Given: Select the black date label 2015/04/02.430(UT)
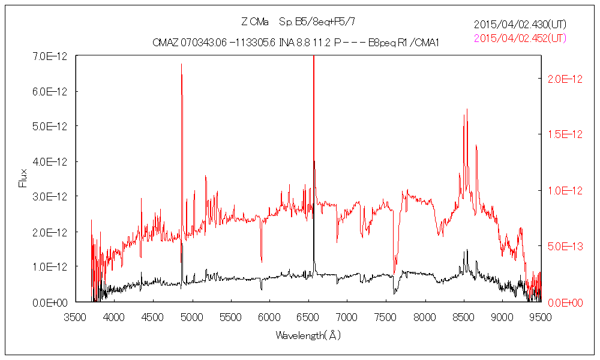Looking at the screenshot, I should coord(520,25).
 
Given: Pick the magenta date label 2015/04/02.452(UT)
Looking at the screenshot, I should coord(520,38).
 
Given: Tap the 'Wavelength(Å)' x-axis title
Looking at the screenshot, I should coord(308,335).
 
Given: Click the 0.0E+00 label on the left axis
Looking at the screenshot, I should coord(51,302).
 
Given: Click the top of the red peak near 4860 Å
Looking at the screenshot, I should coord(181,64).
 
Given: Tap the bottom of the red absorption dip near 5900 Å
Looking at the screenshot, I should coord(261,262).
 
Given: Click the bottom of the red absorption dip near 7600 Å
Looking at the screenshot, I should coord(394,273).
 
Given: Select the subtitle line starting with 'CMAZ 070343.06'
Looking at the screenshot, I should coord(296,43).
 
